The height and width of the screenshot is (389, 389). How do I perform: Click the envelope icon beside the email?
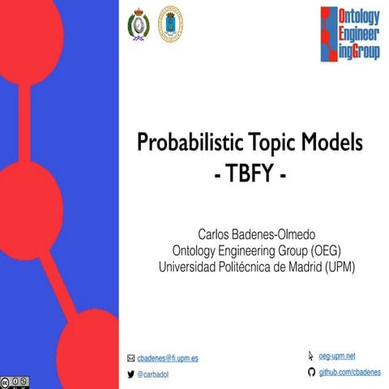pyautogui.click(x=130, y=357)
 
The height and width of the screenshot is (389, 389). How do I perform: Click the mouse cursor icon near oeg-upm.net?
pyautogui.click(x=311, y=356)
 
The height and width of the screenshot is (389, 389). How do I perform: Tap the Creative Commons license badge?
pyautogui.click(x=15, y=380)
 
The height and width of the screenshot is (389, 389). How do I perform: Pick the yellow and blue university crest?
pyautogui.click(x=170, y=25)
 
